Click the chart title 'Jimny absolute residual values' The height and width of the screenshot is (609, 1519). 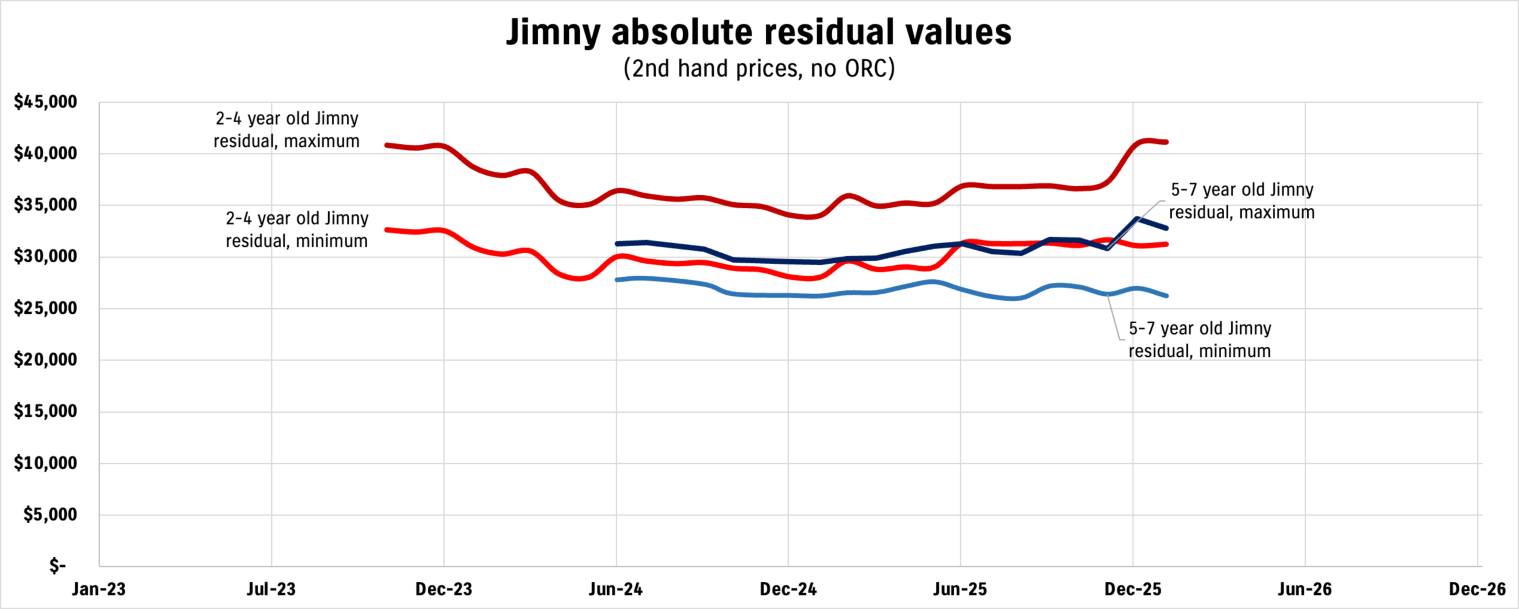click(758, 32)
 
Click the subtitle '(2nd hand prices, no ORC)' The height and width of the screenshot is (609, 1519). click(758, 69)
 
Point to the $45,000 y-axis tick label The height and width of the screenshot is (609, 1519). click(46, 102)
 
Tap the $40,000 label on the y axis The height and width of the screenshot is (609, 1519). click(46, 154)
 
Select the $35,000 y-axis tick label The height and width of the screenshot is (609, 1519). click(46, 205)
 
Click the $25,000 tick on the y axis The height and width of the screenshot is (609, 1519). click(46, 308)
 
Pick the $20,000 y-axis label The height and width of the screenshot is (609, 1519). click(46, 360)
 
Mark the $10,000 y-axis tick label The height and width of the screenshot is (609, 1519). click(46, 463)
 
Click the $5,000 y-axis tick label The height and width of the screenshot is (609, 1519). click(50, 515)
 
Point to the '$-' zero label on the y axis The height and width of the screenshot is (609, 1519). click(58, 566)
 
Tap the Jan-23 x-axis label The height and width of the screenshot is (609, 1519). click(99, 589)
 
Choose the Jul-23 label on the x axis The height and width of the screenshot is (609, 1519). click(271, 589)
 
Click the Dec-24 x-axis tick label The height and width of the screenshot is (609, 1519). click(788, 589)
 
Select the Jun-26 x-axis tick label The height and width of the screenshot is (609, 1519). click(1305, 589)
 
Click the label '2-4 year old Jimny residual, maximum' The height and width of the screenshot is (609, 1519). click(287, 130)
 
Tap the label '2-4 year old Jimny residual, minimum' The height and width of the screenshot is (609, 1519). click(297, 230)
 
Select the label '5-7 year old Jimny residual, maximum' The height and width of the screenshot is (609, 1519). click(1242, 201)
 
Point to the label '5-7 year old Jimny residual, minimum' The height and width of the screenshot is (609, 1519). click(1200, 340)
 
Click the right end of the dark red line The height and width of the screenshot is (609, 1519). click(1167, 142)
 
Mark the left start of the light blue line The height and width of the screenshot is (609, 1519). click(618, 279)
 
